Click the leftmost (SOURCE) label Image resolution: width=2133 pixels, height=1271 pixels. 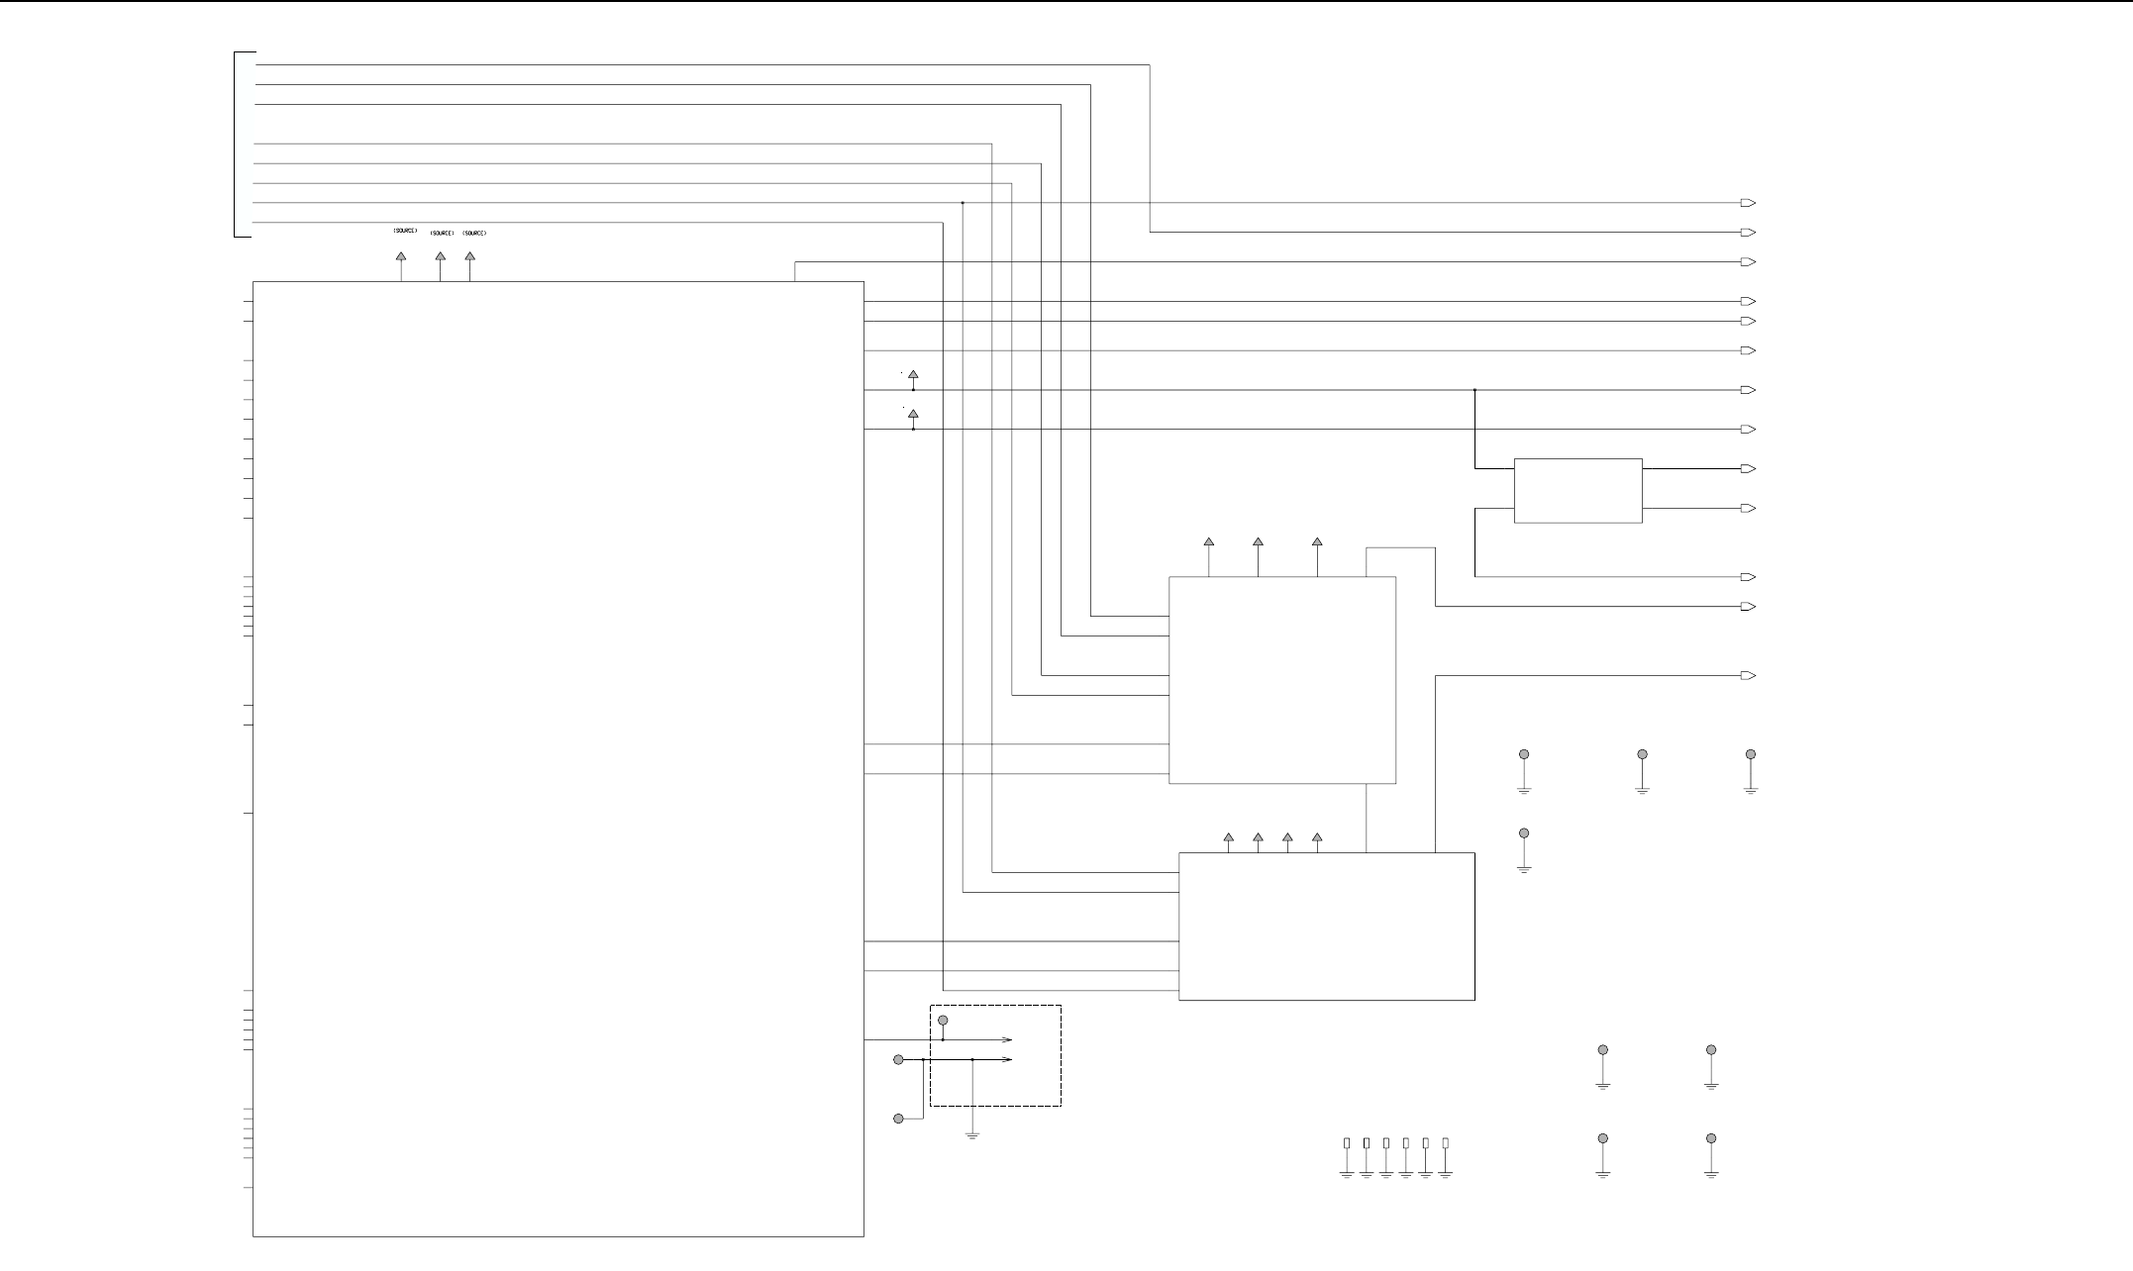[x=405, y=231]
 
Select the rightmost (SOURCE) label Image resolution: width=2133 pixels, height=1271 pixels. [x=474, y=234]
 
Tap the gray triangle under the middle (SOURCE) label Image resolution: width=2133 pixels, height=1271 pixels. [x=441, y=256]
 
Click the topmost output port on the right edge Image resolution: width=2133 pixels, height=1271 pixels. [x=1748, y=203]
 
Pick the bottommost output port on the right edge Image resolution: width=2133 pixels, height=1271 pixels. [x=1748, y=676]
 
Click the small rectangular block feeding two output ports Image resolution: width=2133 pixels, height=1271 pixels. [x=1578, y=490]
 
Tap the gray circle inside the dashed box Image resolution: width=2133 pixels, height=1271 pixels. [x=943, y=1020]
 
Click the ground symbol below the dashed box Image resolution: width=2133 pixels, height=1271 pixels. [x=972, y=1135]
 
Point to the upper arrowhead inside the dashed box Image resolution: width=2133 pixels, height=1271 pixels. [x=1007, y=1040]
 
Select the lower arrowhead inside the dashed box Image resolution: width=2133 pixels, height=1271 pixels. [x=1007, y=1059]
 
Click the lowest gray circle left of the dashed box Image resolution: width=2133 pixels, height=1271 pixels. [x=899, y=1119]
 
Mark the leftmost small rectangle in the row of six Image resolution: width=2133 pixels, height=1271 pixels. [x=1347, y=1142]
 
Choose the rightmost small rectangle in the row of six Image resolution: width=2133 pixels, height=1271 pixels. [x=1446, y=1142]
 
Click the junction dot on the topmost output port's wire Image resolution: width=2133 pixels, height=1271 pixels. [x=963, y=203]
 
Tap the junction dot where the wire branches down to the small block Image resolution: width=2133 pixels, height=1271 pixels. [x=1474, y=390]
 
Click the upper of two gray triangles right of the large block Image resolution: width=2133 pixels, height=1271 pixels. [x=913, y=375]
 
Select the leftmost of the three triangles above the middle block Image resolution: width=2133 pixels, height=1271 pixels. [x=1209, y=542]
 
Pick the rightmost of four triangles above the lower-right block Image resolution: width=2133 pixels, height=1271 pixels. [x=1317, y=837]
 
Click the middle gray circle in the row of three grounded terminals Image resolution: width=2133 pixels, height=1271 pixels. [x=1642, y=754]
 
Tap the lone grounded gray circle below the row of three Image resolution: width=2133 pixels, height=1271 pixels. [x=1524, y=833]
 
